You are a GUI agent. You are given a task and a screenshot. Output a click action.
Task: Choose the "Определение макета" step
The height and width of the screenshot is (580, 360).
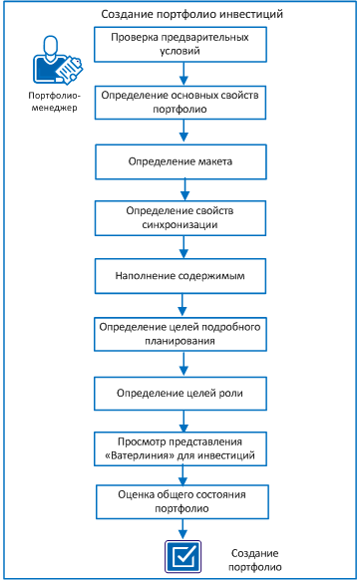181,159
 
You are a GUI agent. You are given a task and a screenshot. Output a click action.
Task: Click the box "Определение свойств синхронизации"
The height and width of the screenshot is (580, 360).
181,217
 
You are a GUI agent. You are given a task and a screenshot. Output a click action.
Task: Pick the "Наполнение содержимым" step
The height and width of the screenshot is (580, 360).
181,275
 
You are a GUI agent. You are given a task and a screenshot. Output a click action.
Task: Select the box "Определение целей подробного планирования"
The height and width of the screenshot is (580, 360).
181,333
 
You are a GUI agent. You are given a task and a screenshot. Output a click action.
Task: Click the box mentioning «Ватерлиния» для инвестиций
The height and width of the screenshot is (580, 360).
181,447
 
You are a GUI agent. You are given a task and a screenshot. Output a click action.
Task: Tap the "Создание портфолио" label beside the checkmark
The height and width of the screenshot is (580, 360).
255,560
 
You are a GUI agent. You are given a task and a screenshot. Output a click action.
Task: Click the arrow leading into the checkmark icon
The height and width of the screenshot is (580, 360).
183,527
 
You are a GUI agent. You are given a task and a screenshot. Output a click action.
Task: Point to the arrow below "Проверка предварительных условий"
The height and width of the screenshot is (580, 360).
183,74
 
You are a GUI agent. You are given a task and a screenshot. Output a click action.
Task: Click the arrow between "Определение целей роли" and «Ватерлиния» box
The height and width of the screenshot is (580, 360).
183,420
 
